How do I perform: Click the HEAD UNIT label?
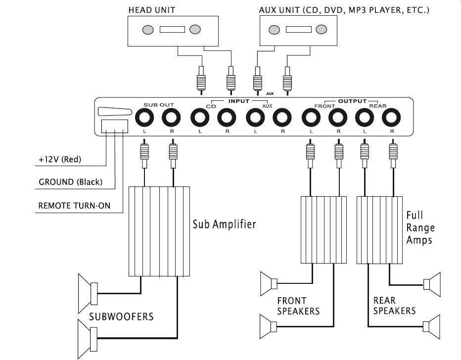151,9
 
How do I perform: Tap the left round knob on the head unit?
147,30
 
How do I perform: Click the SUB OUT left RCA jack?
144,119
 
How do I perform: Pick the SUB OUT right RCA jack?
172,119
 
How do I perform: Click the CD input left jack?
199,119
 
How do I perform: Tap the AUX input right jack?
282,119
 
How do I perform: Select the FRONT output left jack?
311,119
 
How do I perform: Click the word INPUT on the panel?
239,101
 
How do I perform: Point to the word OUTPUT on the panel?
352,101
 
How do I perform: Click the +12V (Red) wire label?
59,160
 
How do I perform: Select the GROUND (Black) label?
70,182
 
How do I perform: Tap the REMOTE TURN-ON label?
74,205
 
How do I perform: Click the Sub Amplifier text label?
224,225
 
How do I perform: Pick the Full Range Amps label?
420,227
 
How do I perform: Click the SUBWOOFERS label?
121,316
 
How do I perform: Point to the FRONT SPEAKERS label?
298,306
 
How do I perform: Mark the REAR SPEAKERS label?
394,305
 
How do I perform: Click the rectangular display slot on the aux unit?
298,30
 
